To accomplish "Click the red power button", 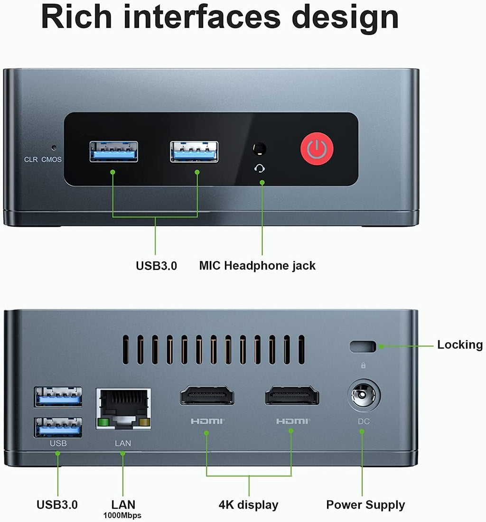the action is (x=317, y=149).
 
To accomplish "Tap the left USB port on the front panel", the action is (x=113, y=152).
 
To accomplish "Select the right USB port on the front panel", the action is (x=195, y=152).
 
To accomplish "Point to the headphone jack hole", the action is (x=259, y=149).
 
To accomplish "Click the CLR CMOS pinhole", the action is (x=53, y=148).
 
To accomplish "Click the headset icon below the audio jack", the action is (x=260, y=168).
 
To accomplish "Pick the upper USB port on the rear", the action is (x=58, y=397).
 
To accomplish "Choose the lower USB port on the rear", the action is (x=58, y=427).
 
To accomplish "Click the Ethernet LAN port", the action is (x=123, y=409).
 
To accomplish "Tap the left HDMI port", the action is (x=207, y=395).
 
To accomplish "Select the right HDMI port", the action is (x=292, y=395).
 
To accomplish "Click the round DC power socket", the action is (x=364, y=395).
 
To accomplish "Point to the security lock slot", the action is (x=363, y=346).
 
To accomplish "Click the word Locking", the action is (x=460, y=345).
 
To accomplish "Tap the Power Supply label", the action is (x=365, y=505).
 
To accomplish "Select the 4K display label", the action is (x=248, y=505).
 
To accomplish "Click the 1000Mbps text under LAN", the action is (x=122, y=515).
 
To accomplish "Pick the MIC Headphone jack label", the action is (x=257, y=266).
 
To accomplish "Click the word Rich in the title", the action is (x=76, y=17).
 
